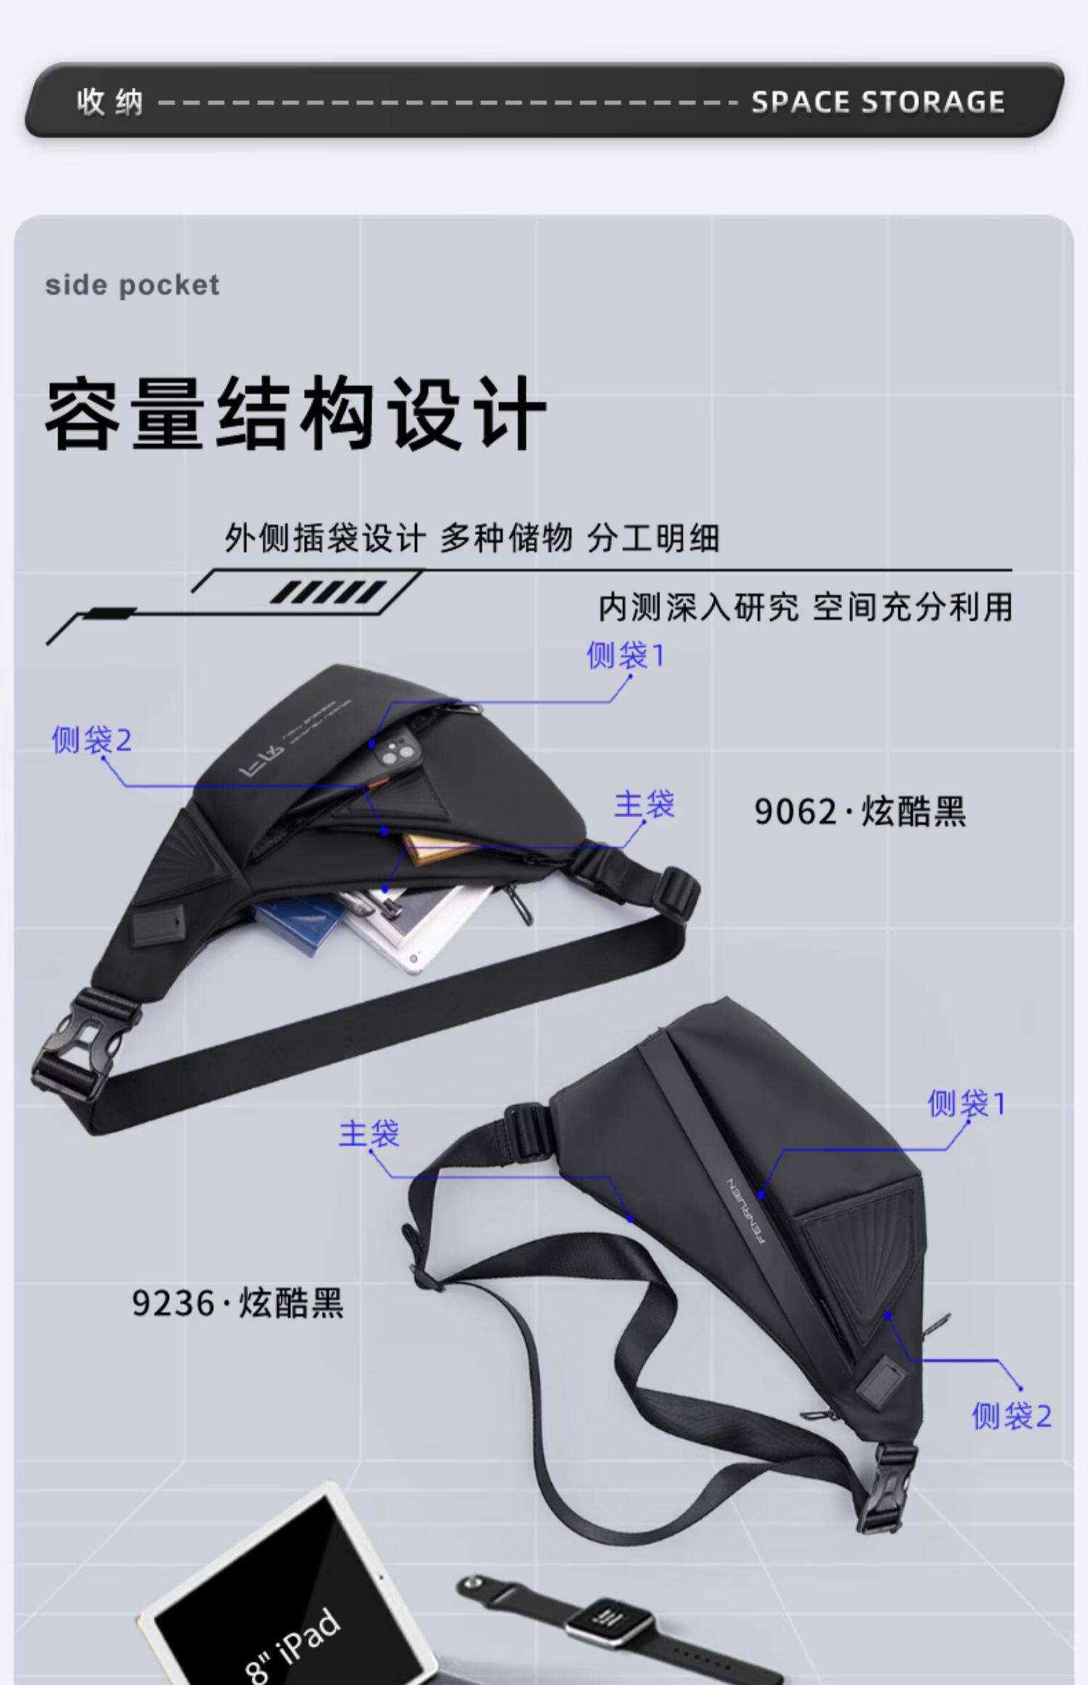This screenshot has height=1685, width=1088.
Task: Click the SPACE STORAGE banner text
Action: click(878, 102)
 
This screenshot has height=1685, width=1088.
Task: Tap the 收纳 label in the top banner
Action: click(110, 102)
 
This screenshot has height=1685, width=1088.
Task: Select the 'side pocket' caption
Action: click(132, 285)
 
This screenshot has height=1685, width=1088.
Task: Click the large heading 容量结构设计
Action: click(295, 414)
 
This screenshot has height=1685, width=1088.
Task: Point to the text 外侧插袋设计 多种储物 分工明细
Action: click(471, 538)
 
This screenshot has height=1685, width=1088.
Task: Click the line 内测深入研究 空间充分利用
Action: click(805, 607)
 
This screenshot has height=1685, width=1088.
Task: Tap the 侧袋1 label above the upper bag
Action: click(625, 656)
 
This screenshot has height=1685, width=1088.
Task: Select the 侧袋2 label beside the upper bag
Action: click(91, 740)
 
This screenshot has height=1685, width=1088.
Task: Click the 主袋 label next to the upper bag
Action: click(644, 805)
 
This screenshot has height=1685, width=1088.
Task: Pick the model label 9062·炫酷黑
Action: click(860, 811)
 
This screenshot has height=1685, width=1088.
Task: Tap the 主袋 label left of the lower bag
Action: click(368, 1133)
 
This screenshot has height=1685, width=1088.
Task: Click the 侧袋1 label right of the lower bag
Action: click(967, 1104)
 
